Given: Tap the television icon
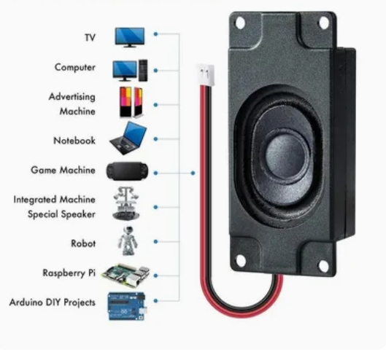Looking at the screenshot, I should (x=129, y=36).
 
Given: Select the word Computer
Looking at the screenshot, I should (x=75, y=68).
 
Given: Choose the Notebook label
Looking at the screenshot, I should (x=74, y=140).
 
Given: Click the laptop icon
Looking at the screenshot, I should (x=129, y=136).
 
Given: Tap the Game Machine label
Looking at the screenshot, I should (x=63, y=171).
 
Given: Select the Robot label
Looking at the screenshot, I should (x=82, y=240).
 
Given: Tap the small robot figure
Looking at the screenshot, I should (x=128, y=240).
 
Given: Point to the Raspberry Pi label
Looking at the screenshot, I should (x=69, y=273).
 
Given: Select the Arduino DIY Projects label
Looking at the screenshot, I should (x=53, y=302).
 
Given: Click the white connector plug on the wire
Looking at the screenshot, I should (x=204, y=73).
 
